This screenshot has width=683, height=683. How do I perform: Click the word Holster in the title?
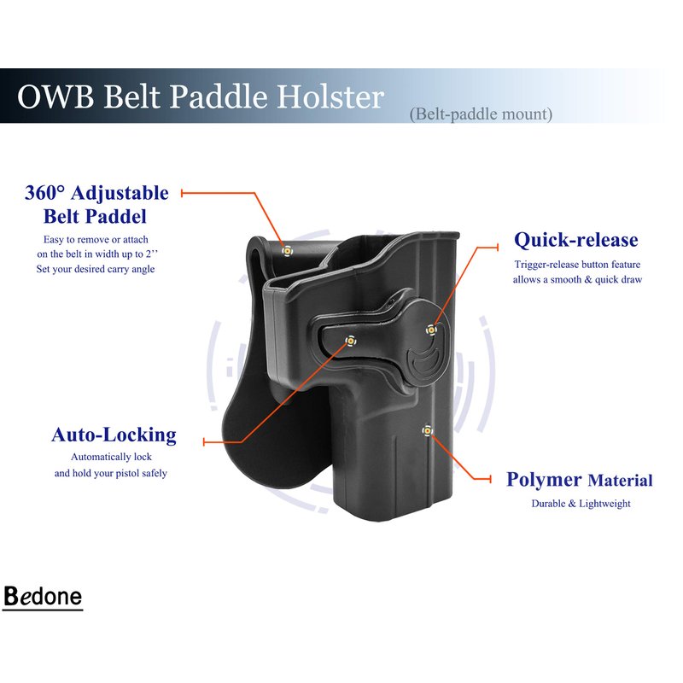click(x=330, y=96)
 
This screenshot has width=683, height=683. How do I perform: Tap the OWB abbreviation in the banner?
click(x=55, y=96)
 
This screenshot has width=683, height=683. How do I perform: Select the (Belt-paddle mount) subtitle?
click(x=481, y=114)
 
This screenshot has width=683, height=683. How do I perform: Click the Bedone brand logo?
click(x=43, y=596)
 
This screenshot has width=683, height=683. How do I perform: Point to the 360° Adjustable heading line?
click(x=96, y=193)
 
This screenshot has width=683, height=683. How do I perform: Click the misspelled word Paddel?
click(x=117, y=217)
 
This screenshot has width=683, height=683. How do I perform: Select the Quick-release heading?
click(x=575, y=240)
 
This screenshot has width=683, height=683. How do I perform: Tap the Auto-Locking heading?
click(x=114, y=435)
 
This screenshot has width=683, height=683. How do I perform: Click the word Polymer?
click(x=544, y=480)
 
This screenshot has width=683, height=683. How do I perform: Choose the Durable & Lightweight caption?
click(x=581, y=504)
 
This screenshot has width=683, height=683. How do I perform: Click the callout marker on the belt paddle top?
click(x=287, y=251)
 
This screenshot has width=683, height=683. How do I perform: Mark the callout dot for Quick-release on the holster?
click(x=431, y=330)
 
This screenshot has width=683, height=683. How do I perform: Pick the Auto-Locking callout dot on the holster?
click(x=350, y=341)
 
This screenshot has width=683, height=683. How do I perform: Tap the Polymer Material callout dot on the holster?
click(x=428, y=431)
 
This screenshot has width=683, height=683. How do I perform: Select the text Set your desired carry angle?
click(x=96, y=269)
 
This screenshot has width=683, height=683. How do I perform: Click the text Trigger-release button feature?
click(x=577, y=265)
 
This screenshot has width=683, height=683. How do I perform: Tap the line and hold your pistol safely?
click(x=111, y=473)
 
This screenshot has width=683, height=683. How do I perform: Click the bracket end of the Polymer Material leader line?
click(x=490, y=479)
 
